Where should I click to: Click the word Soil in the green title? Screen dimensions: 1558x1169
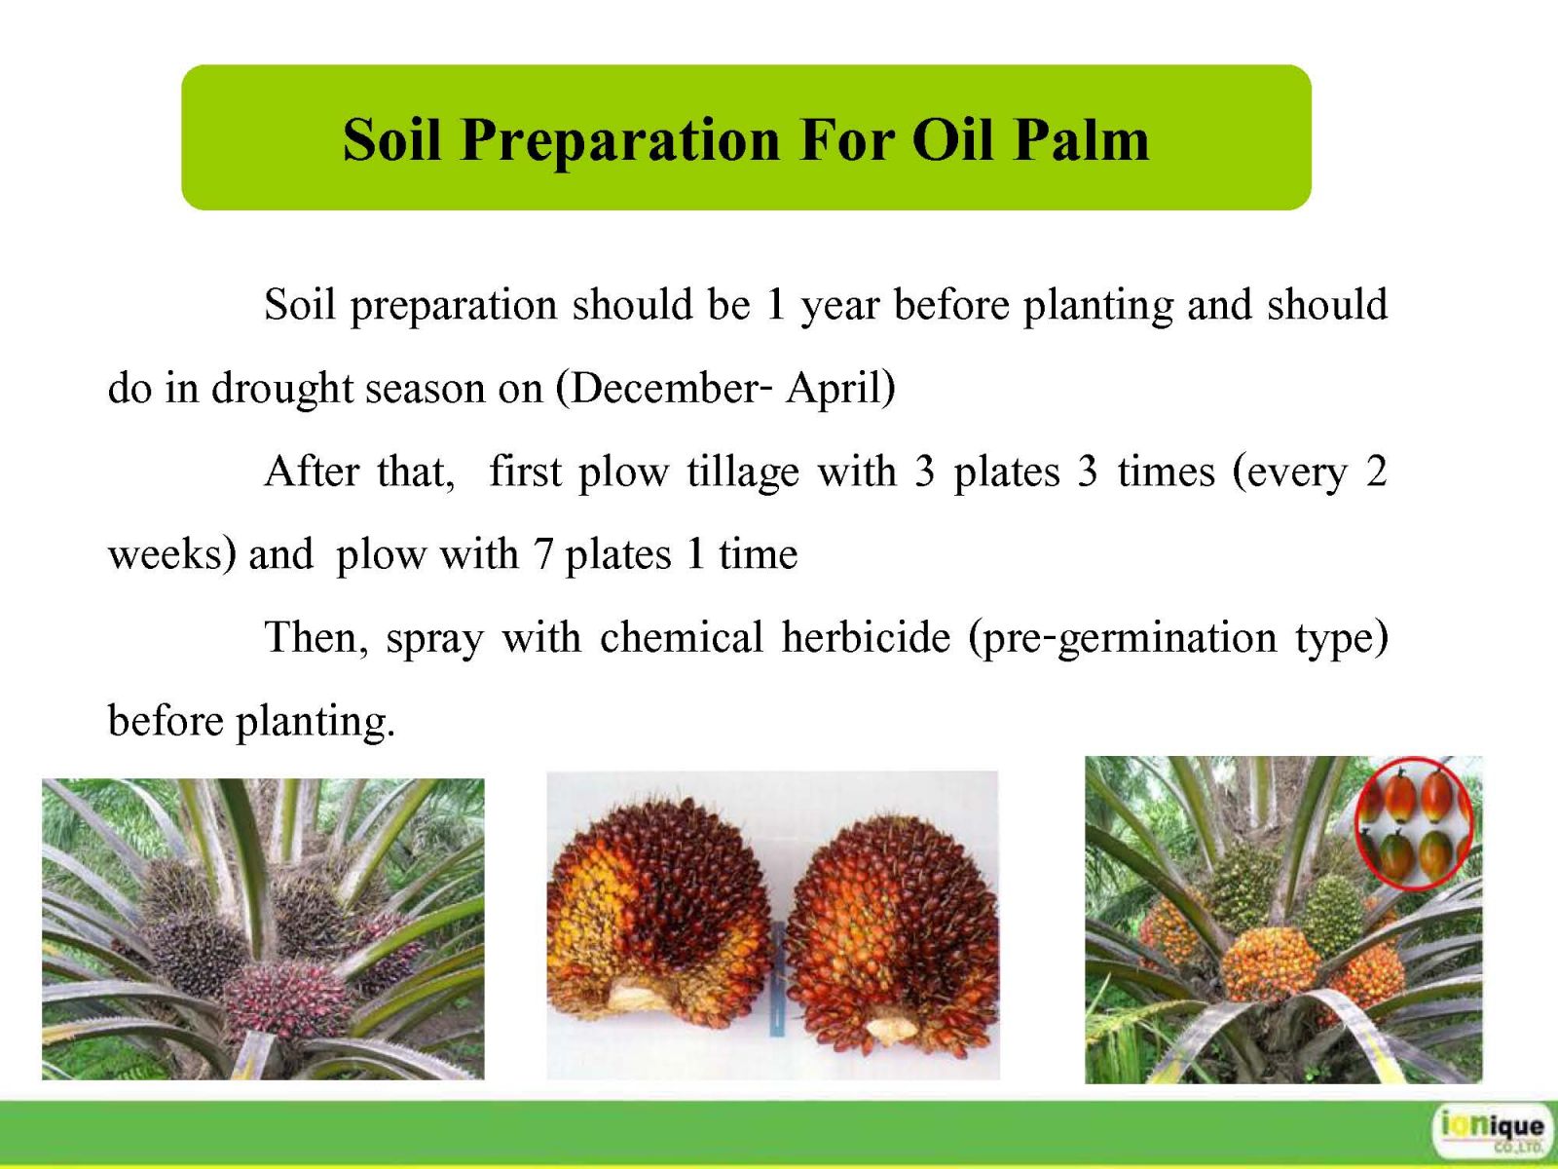click(x=392, y=140)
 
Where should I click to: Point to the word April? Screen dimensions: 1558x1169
click(x=832, y=390)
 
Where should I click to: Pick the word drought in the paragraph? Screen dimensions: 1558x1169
click(x=281, y=390)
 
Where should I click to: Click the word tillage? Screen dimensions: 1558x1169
click(x=742, y=472)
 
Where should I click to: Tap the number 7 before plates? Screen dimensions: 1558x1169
click(x=543, y=554)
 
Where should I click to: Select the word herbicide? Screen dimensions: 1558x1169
click(x=866, y=637)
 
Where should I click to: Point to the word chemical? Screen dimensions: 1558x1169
click(x=681, y=637)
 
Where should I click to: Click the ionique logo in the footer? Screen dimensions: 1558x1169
click(x=1491, y=1131)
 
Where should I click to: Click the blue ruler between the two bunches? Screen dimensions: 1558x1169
click(x=779, y=978)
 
